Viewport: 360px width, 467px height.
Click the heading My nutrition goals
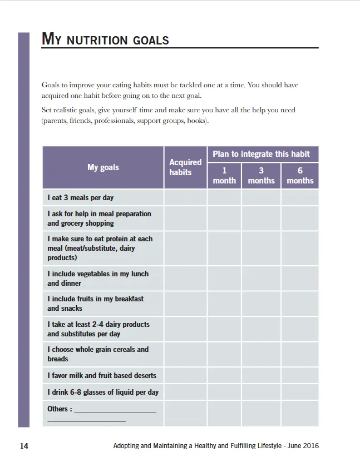pos(105,39)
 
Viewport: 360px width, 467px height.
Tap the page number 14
pos(24,446)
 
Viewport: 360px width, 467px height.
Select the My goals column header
pos(103,167)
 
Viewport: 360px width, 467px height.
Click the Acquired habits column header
pos(185,167)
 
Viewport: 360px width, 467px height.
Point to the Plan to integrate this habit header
pos(262,154)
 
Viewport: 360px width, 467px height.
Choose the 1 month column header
pos(224,176)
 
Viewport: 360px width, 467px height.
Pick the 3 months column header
pos(261,176)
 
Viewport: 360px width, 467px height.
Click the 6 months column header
pos(300,176)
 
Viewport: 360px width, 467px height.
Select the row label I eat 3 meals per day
pos(81,197)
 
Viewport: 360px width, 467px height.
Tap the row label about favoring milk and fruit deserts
pos(102,375)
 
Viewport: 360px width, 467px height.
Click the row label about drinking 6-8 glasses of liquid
pos(103,392)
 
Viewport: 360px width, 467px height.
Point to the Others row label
pos(60,409)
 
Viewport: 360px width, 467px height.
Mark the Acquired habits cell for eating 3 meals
pos(185,197)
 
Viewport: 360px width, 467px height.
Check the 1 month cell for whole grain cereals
pos(224,354)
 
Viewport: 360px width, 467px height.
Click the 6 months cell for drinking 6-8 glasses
pos(300,392)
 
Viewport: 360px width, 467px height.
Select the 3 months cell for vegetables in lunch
pos(261,279)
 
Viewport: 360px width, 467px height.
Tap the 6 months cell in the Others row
pos(300,414)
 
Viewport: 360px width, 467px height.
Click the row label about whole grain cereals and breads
pos(98,354)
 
